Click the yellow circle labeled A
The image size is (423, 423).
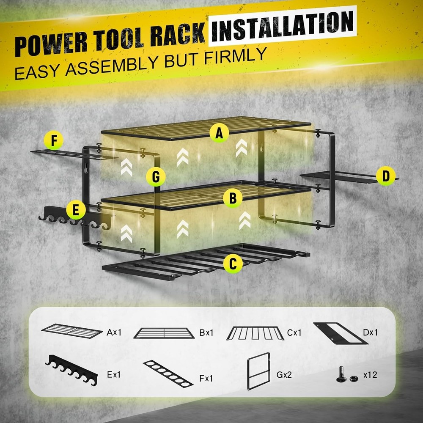click(x=219, y=134)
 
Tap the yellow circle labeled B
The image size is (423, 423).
click(x=233, y=198)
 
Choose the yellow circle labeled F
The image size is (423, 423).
click(x=54, y=141)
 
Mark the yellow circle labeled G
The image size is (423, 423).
click(x=156, y=177)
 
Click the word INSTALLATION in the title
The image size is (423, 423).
click(x=283, y=26)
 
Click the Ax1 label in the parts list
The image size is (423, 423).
click(x=114, y=332)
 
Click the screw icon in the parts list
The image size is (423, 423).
click(x=342, y=375)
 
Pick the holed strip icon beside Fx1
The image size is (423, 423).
click(x=168, y=374)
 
